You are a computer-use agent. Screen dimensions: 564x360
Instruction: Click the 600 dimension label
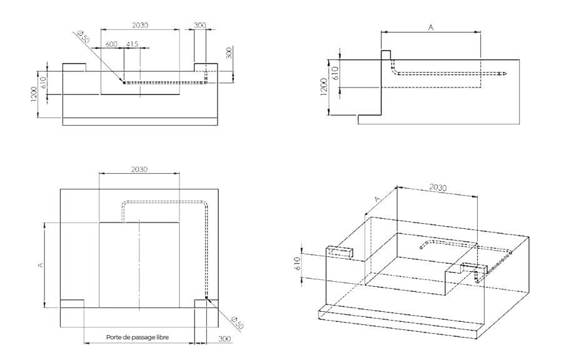point(111,44)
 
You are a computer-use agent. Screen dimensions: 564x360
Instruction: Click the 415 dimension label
point(132,44)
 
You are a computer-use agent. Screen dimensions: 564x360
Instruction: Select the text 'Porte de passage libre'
point(138,337)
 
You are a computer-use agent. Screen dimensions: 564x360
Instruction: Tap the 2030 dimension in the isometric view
point(438,187)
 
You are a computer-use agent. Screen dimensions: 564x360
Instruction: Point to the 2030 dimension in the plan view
point(139,169)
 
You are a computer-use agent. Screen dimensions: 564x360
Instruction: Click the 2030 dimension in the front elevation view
point(140,25)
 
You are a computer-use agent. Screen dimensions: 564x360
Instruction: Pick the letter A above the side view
point(431,27)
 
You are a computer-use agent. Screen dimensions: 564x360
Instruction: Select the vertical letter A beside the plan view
point(41,265)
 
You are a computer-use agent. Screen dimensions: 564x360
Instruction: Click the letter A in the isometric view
point(377,199)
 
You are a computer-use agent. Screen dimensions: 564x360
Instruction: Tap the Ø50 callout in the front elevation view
point(83,37)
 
